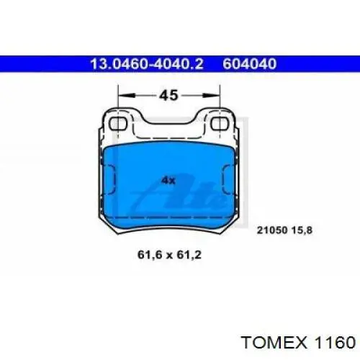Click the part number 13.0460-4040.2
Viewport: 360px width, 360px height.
tap(147, 64)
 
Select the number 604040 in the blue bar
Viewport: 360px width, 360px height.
tap(250, 64)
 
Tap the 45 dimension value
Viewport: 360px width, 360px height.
tap(169, 95)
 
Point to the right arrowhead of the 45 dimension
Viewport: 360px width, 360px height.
tap(211, 96)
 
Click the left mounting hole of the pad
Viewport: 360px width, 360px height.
tap(117, 124)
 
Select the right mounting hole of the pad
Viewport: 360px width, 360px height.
tap(220, 124)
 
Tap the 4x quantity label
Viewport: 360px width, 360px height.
tap(168, 180)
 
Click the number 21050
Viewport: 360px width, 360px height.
tap(272, 230)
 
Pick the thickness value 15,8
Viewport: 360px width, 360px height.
tap(302, 230)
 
